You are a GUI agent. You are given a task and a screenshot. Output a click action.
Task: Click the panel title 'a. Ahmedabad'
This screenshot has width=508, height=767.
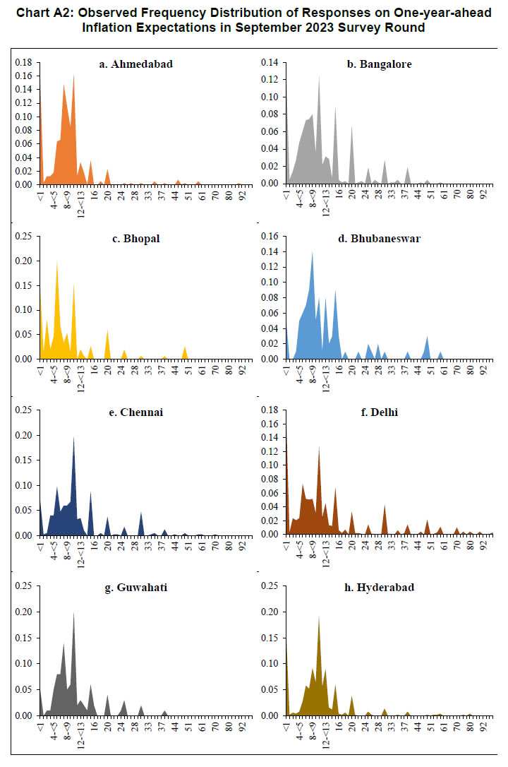pyautogui.click(x=135, y=64)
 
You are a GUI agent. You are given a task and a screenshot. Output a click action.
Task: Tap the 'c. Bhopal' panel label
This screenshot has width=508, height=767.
pyautogui.click(x=135, y=238)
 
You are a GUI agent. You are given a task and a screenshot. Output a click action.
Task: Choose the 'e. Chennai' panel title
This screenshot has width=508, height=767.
pyautogui.click(x=135, y=412)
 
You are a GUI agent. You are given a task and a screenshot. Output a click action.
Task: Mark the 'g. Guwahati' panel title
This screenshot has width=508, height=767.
pyautogui.click(x=135, y=587)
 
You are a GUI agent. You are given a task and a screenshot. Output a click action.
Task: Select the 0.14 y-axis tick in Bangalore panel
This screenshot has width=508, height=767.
pyautogui.click(x=271, y=62)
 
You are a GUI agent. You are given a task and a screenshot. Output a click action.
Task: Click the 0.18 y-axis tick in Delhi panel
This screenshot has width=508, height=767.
pyautogui.click(x=271, y=410)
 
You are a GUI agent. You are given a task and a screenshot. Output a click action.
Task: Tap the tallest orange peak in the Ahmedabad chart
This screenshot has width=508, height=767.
pyautogui.click(x=73, y=75)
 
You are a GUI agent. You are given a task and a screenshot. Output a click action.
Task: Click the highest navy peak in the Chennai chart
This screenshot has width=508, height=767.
pyautogui.click(x=73, y=438)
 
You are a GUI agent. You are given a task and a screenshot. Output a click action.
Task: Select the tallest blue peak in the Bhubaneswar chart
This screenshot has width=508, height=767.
pyautogui.click(x=311, y=252)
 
